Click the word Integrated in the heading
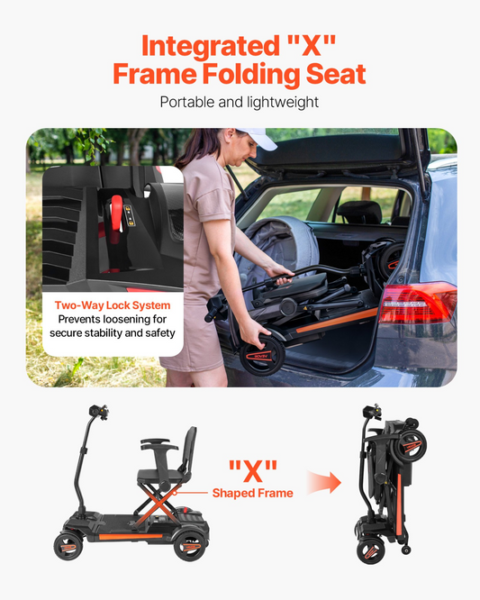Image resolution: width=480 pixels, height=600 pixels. [211, 47]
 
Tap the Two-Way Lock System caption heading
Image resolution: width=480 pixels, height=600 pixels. [113, 305]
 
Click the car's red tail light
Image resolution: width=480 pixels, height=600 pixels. [417, 303]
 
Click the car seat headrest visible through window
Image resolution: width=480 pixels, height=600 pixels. [359, 212]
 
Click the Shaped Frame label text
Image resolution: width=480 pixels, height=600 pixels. [253, 493]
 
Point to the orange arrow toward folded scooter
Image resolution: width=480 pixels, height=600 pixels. [323, 483]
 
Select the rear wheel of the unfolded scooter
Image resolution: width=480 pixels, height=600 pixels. [190, 547]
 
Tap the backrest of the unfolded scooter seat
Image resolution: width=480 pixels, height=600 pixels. [190, 450]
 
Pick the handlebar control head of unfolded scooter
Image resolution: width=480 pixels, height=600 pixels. [99, 412]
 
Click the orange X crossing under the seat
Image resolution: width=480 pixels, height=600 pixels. [158, 504]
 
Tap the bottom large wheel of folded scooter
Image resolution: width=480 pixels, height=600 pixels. [371, 550]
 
